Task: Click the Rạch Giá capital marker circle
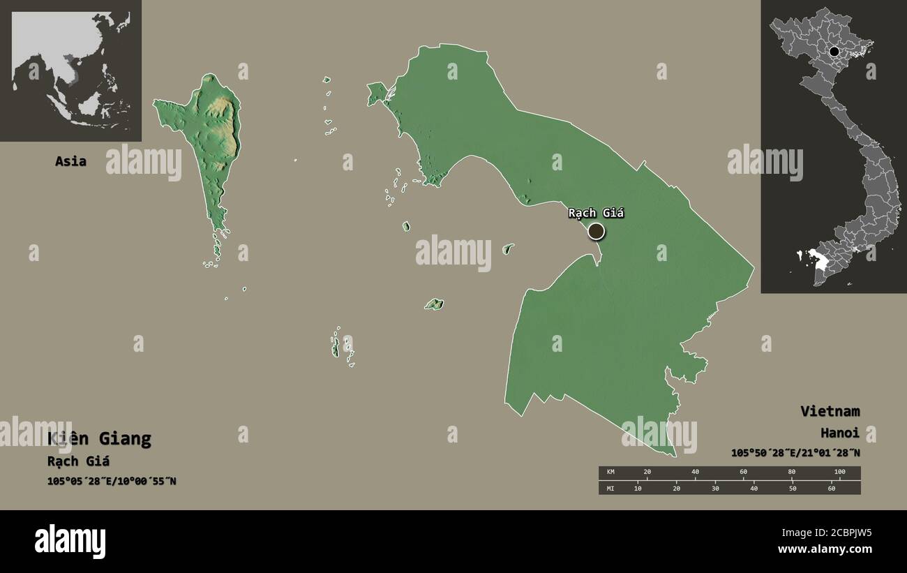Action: coord(596,231)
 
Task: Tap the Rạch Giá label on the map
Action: coord(596,213)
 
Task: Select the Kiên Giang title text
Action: coord(99,439)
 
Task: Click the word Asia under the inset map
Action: coord(70,161)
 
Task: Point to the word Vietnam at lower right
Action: coord(830,411)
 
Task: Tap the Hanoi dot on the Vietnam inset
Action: coord(834,52)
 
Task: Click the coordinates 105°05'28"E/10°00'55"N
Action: coord(112,481)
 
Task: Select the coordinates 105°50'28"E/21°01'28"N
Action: coord(795,453)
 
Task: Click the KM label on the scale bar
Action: coord(610,472)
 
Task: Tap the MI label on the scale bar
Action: coord(610,488)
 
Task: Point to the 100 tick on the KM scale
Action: coord(839,472)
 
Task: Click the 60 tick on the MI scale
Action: coord(831,488)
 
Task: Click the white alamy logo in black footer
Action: coord(70,542)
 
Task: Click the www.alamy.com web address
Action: coord(825,549)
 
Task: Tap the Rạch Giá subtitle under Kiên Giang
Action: coord(78,461)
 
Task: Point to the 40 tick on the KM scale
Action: coord(695,472)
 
